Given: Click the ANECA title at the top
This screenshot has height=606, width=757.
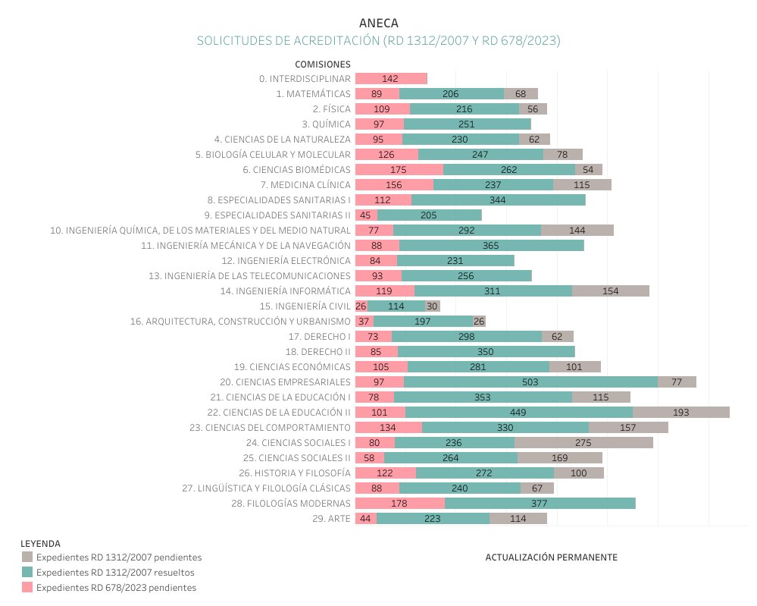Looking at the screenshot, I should click(378, 24).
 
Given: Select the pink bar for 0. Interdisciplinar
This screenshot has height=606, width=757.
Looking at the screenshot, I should click(391, 79).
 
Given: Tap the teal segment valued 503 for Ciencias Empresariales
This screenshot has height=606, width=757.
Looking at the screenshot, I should click(530, 382).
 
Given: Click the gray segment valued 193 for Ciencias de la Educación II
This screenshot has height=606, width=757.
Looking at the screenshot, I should click(680, 413).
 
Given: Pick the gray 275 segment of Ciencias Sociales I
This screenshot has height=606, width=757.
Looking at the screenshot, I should click(583, 443).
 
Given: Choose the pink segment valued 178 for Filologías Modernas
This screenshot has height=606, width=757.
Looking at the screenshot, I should click(399, 504).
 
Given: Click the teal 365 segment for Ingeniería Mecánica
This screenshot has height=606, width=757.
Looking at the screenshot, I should click(491, 246).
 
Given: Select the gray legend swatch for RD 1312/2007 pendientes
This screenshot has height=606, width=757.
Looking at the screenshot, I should click(27, 557).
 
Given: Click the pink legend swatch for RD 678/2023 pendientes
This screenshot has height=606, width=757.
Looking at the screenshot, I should click(27, 588).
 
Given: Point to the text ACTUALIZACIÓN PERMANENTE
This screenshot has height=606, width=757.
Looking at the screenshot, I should click(551, 557).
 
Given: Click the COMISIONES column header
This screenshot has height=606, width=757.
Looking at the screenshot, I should click(322, 64).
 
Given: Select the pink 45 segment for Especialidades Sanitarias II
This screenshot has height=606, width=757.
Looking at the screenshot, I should click(366, 215).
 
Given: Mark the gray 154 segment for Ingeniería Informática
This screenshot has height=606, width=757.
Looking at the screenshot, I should click(610, 291).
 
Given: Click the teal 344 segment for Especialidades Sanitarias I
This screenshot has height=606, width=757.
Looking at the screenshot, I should click(498, 200).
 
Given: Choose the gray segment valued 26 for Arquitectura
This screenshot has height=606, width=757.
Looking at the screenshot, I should click(479, 322).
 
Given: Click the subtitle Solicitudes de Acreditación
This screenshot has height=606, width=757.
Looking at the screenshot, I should click(378, 40).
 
